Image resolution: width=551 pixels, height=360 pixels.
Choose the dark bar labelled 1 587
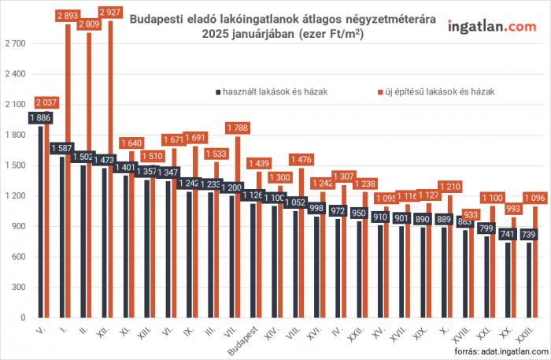coord(61,236)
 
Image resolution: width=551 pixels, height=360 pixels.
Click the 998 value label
coord(316,208)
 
